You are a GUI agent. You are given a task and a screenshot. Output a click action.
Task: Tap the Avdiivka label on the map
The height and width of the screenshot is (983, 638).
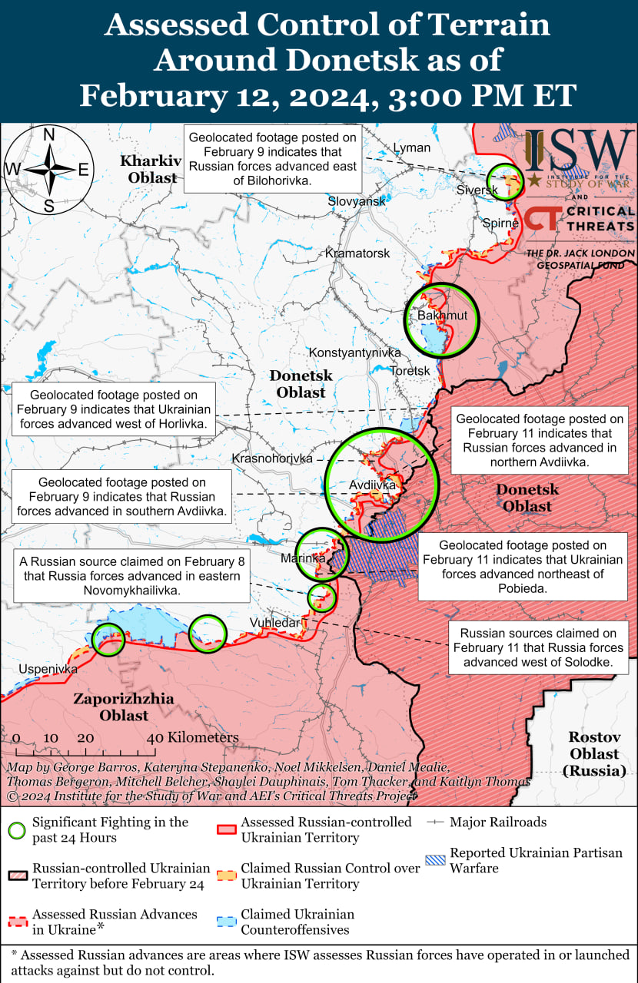click(x=372, y=485)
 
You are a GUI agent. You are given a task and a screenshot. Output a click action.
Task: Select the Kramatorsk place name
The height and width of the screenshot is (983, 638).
click(x=357, y=253)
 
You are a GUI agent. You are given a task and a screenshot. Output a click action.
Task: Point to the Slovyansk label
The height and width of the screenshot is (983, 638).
click(x=357, y=200)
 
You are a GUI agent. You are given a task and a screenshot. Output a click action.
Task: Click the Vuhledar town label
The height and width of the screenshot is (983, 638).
click(x=275, y=623)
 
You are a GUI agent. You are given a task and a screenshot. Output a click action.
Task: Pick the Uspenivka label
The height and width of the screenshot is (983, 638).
click(x=48, y=669)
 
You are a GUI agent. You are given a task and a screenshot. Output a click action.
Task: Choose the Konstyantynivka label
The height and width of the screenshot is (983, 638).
click(x=354, y=352)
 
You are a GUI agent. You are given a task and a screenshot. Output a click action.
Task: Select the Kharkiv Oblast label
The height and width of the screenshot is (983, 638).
click(x=150, y=169)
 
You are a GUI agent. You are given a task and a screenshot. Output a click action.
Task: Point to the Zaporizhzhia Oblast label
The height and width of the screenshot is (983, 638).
click(x=123, y=707)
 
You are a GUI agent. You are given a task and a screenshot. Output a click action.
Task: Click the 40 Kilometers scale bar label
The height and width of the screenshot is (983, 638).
click(x=193, y=738)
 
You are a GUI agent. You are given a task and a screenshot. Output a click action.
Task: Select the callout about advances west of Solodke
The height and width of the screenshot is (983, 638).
click(x=538, y=647)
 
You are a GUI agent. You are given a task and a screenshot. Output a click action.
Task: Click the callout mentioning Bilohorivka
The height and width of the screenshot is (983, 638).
click(x=273, y=160)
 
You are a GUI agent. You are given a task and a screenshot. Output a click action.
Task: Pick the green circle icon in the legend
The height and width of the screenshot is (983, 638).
click(x=17, y=829)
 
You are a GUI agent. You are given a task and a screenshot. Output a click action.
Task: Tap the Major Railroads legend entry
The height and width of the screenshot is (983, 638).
click(x=497, y=822)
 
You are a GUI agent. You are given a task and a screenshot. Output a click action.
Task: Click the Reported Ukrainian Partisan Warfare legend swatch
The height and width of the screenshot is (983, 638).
click(x=436, y=860)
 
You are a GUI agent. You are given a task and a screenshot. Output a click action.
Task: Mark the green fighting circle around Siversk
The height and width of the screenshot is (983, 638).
click(x=505, y=183)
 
